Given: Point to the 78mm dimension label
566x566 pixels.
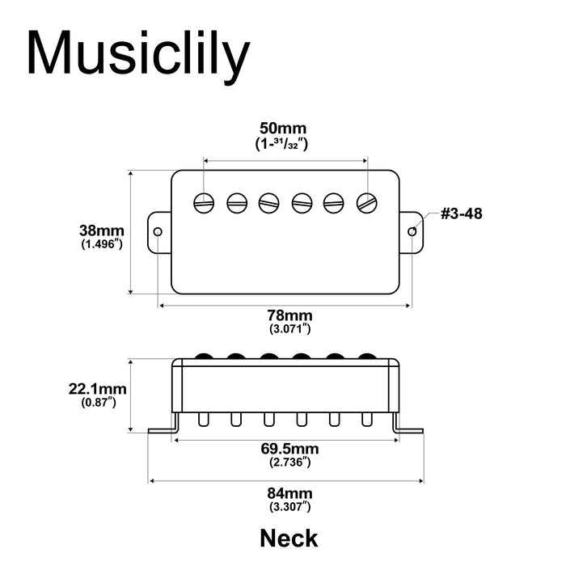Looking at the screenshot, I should click(289, 315).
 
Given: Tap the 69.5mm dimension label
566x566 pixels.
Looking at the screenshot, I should click(289, 449).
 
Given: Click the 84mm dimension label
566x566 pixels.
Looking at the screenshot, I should click(289, 493).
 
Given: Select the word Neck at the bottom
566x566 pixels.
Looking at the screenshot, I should click(289, 538).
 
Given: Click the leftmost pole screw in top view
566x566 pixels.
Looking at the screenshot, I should click(204, 202).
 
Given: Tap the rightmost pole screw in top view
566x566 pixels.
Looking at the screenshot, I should click(368, 202).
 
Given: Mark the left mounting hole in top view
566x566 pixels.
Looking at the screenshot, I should click(158, 232).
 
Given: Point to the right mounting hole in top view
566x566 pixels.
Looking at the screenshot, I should click(413, 232).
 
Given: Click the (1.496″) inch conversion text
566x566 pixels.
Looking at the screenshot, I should click(102, 244).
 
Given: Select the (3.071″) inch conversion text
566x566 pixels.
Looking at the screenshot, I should click(289, 329).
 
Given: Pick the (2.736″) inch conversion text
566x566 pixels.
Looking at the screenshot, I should click(289, 463).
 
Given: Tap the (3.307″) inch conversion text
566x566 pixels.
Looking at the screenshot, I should click(289, 507).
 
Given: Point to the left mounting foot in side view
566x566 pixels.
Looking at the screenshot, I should click(162, 429).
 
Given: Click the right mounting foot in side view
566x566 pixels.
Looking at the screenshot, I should click(410, 429).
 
